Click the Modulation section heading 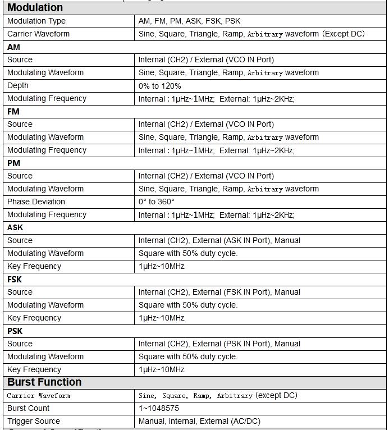pos(35,8)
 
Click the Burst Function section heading pos(44,382)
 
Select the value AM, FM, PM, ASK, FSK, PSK pos(189,21)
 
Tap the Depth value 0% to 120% pos(160,86)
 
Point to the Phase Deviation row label pos(36,202)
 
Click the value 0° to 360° pos(157,202)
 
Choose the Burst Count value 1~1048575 pos(159,408)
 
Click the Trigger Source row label pos(34,421)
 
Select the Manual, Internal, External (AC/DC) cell pos(199,421)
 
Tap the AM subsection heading pos(13,47)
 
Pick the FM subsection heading pos(13,112)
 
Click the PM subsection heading pos(13,163)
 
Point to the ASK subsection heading pos(15,227)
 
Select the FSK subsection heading pos(15,279)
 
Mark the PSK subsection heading pos(15,331)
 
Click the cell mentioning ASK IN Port pos(219,240)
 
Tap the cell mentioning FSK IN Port pos(219,292)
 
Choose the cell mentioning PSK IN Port pos(219,344)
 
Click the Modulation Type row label pos(36,21)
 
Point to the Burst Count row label pos(29,408)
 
